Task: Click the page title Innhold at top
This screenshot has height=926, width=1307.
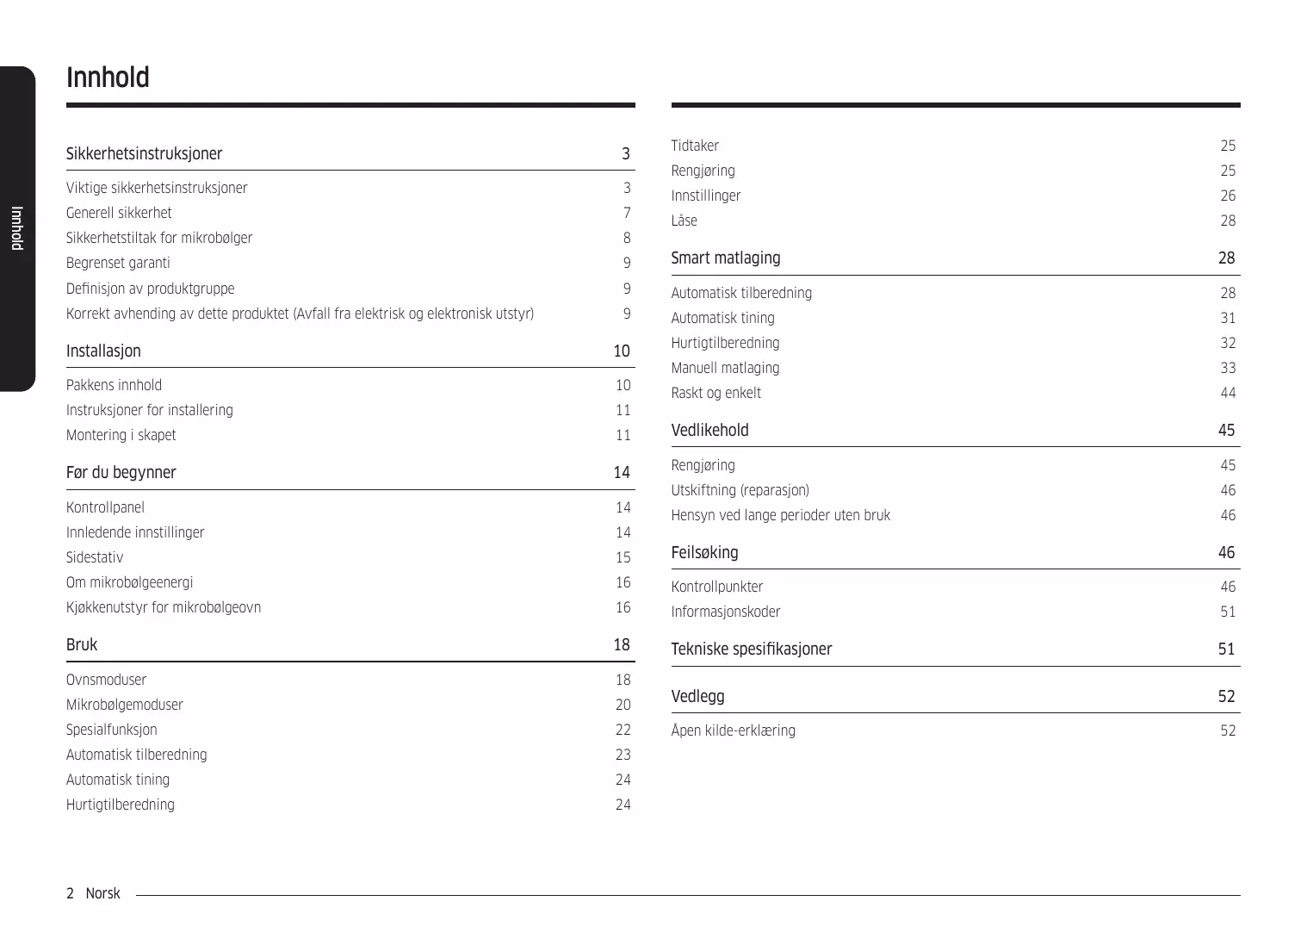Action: click(108, 78)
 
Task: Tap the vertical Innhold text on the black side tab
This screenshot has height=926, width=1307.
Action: click(16, 228)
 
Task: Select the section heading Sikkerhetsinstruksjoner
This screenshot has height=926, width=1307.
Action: click(144, 154)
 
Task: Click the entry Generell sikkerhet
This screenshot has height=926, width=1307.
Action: click(119, 213)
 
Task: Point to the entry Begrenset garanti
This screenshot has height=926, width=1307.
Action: click(118, 263)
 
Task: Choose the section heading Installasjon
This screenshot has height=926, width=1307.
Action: click(103, 351)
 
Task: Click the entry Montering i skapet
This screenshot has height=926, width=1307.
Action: click(121, 435)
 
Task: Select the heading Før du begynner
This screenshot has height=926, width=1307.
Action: click(121, 473)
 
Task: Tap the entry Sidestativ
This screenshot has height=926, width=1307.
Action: click(95, 557)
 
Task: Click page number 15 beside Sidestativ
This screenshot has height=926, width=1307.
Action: click(623, 557)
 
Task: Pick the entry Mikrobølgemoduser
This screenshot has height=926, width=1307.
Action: click(124, 705)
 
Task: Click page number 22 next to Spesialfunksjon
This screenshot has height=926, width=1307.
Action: click(623, 730)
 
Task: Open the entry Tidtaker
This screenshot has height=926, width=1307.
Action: click(695, 146)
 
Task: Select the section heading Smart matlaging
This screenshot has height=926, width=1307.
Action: click(726, 258)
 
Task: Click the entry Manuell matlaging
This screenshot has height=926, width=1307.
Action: click(725, 368)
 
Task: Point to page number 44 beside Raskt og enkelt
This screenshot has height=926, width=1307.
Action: click(1228, 393)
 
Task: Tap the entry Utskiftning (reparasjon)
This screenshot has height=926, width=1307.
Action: click(740, 490)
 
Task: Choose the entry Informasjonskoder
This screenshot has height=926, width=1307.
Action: click(726, 612)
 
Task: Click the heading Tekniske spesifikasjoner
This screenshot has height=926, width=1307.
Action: click(752, 649)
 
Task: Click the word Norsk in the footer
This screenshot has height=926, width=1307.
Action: click(102, 893)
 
